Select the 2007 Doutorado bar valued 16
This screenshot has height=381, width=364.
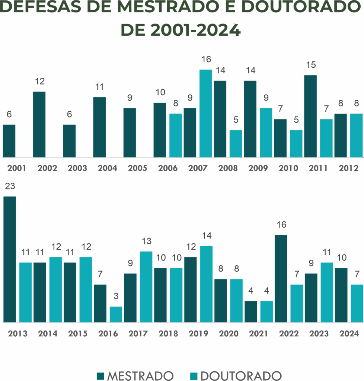[x=206, y=113]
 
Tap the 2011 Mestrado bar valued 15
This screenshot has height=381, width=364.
[x=310, y=116]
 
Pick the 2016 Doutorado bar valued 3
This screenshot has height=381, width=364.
[x=116, y=314]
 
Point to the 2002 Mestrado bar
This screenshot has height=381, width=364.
[x=39, y=124]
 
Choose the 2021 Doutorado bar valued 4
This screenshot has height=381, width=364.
[x=266, y=311]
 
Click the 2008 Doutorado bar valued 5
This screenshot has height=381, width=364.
[x=236, y=144]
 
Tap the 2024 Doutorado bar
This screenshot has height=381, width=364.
[x=357, y=303]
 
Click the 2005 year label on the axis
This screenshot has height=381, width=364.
[x=137, y=168]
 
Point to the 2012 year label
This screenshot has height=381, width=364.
[x=348, y=168]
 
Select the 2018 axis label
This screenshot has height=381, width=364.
[x=168, y=334]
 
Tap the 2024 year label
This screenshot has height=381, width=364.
[x=349, y=334]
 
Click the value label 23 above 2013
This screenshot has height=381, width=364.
[x=10, y=186]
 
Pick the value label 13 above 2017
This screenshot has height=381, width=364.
[x=147, y=241]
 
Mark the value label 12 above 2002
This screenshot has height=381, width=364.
[x=40, y=81]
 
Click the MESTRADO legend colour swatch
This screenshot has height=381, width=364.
[x=100, y=376]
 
